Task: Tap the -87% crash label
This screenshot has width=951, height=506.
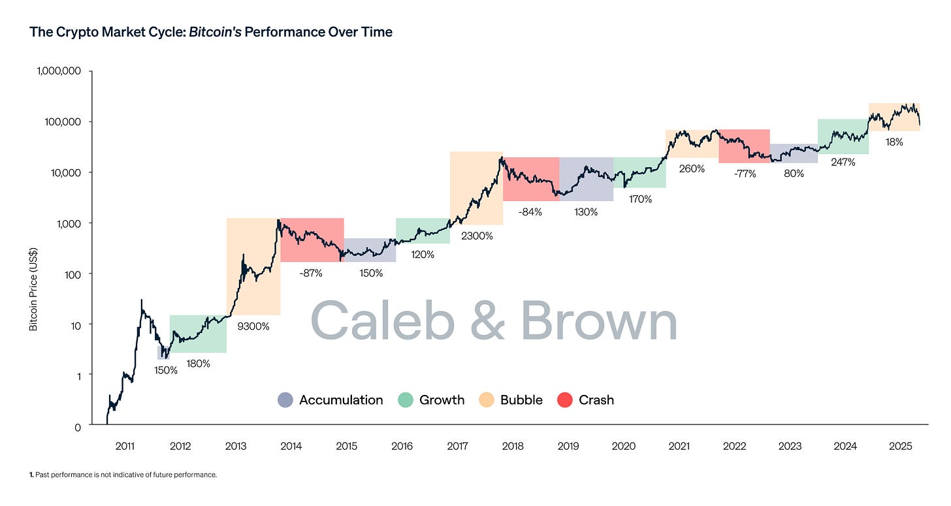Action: tap(311, 273)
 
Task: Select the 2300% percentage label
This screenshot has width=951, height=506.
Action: tap(477, 236)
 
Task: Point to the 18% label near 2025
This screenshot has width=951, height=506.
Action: tap(894, 142)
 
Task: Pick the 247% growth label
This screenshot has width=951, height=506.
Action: tap(843, 163)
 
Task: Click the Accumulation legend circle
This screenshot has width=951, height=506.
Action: tap(285, 400)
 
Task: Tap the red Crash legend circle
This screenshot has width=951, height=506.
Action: tap(565, 400)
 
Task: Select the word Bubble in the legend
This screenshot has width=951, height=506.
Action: tap(521, 400)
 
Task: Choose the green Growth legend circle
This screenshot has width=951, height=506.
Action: tap(406, 400)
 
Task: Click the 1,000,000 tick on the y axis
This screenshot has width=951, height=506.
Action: tap(57, 71)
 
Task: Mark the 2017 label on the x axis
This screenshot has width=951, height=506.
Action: tap(458, 447)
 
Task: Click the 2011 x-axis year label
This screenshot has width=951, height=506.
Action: tap(125, 447)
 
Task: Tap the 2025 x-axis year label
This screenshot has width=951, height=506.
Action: tap(901, 447)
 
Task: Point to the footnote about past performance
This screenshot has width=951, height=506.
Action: tap(123, 475)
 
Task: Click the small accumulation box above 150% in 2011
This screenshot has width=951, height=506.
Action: tap(163, 353)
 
